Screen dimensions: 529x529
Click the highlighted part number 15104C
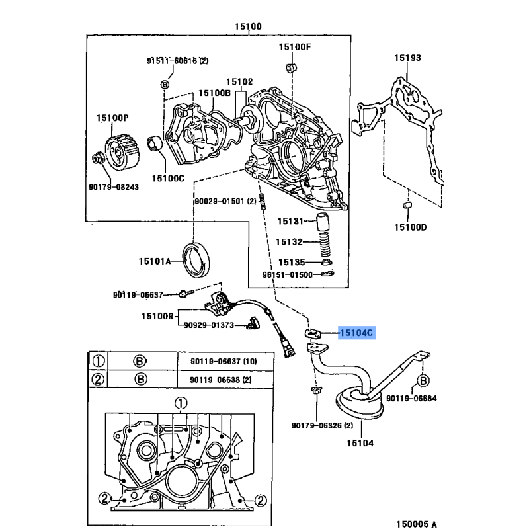tap(356, 334)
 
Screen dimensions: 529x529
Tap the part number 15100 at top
tap(248, 27)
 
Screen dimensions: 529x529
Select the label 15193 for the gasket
tap(407, 58)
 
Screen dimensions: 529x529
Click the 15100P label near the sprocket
tap(112, 118)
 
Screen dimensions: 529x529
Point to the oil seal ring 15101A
tap(196, 259)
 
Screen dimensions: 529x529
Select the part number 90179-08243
tap(114, 187)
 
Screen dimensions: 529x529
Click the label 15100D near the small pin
tap(411, 227)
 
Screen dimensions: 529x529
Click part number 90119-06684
tap(411, 399)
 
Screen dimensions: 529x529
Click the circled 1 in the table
tap(99, 361)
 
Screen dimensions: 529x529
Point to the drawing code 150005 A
tap(411, 524)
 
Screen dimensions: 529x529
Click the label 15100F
tap(294, 47)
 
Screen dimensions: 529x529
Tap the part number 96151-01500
tap(288, 274)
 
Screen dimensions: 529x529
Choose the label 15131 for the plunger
tap(290, 222)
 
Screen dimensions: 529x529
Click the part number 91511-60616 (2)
tap(177, 61)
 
